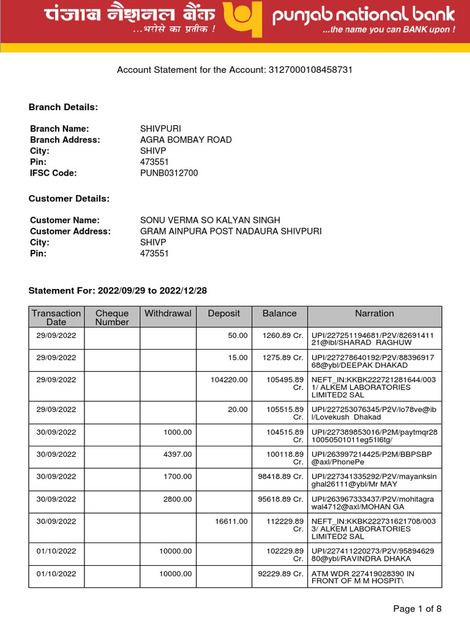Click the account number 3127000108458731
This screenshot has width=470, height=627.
coord(310,70)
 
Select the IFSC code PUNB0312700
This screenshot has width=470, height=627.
coord(169,173)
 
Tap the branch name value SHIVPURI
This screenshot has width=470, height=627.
coord(160,129)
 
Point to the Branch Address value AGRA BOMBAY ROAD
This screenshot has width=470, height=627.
coord(186,140)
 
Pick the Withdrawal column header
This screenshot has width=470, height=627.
coord(168,313)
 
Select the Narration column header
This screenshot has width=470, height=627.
coord(375,313)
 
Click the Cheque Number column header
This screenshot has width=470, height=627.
coord(112,317)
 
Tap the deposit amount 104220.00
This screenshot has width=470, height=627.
coord(229,380)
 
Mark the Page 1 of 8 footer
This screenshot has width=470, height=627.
coord(417,609)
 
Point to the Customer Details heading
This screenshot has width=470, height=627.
coord(69,199)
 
